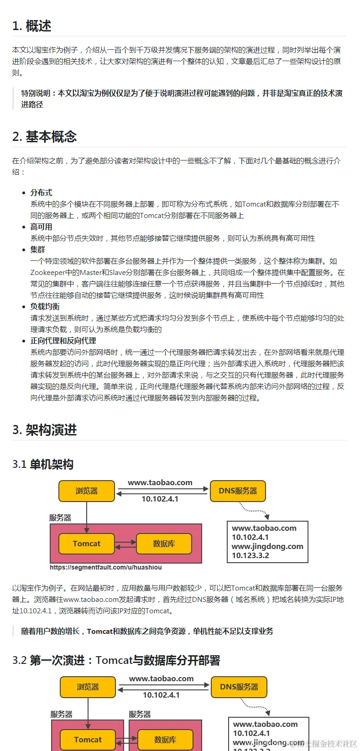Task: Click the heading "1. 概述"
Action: pyautogui.click(x=31, y=26)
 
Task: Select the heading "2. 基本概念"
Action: pyautogui.click(x=44, y=137)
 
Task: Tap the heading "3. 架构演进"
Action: pyautogui.click(x=44, y=430)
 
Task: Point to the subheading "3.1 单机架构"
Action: pyautogui.click(x=43, y=465)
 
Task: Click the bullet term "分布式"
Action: pyautogui.click(x=41, y=192)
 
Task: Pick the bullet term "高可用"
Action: pyautogui.click(x=41, y=227)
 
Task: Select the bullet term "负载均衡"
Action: pyautogui.click(x=45, y=306)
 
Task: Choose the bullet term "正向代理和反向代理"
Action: pyautogui.click(x=63, y=341)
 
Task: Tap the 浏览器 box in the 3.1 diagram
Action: pyautogui.click(x=87, y=491)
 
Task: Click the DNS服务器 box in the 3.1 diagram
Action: pyautogui.click(x=237, y=491)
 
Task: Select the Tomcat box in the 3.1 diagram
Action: pyautogui.click(x=87, y=544)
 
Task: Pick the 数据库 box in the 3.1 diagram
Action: pyautogui.click(x=164, y=544)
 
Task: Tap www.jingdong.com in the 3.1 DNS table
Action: pyautogui.click(x=267, y=546)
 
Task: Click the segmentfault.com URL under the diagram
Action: pyautogui.click(x=105, y=568)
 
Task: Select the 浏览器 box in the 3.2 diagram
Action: pyautogui.click(x=88, y=687)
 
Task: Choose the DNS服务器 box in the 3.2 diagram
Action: pyautogui.click(x=239, y=687)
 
